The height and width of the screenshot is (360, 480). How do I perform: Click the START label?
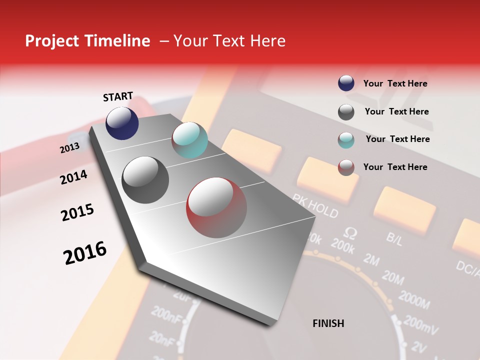pos(118,96)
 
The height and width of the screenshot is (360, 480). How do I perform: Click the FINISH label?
pos(328,323)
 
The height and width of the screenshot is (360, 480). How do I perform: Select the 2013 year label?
pos(69,147)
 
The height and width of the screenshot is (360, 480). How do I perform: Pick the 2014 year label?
pos(74,177)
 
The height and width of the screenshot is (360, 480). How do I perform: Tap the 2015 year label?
pos(77,212)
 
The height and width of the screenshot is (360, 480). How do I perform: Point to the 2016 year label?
pos(85,252)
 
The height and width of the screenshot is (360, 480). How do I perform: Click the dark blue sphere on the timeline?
pos(122,123)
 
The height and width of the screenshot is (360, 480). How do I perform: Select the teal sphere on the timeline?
pos(189,140)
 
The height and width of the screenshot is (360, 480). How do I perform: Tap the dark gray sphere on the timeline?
pos(145,180)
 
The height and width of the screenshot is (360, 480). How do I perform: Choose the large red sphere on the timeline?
pos(216,207)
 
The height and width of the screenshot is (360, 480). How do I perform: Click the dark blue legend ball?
pos(346,83)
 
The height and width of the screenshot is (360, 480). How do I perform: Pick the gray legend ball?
pos(346,112)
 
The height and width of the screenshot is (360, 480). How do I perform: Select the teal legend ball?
pos(346,139)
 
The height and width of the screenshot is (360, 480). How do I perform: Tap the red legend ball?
pos(346,167)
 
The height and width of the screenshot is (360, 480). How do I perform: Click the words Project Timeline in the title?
pos(87,41)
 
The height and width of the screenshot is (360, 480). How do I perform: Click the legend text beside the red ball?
pos(395,167)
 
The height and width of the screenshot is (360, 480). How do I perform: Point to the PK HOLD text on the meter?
pos(315,205)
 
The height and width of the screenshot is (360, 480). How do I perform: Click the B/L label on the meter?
pos(394,238)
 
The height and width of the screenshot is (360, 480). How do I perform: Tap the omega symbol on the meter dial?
pos(351,232)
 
